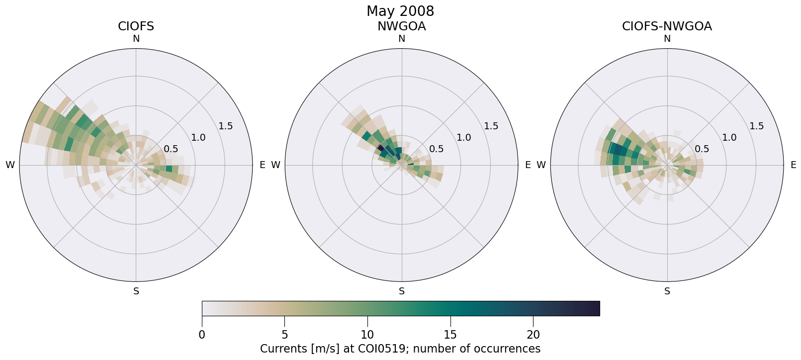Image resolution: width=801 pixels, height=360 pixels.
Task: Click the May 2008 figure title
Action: (400, 11)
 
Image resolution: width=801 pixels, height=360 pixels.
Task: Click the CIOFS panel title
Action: (136, 26)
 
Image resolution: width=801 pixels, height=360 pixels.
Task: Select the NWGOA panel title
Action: (401, 26)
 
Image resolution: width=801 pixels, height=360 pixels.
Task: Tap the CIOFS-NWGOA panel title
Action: (667, 26)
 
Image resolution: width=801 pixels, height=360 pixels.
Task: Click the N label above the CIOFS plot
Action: (136, 39)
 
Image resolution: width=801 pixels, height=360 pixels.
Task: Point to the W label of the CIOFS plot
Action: (10, 165)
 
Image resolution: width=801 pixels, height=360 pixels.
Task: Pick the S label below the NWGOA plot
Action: (402, 291)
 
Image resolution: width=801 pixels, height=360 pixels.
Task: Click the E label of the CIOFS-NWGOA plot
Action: (793, 165)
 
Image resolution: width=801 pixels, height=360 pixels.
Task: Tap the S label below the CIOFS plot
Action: (136, 291)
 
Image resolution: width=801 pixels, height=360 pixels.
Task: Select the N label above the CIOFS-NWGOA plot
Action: (667, 39)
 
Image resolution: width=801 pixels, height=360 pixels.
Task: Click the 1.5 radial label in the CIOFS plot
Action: (225, 126)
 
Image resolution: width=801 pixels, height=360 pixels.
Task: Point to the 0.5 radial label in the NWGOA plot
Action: (437, 149)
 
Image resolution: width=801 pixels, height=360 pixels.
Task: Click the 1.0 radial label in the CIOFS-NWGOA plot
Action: (729, 138)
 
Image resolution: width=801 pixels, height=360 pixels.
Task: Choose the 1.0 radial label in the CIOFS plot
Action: (198, 138)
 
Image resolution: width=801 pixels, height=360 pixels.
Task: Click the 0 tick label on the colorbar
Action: (202, 335)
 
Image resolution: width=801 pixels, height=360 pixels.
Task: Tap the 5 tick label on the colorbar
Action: (284, 335)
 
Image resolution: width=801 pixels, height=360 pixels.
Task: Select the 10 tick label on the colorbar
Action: (367, 335)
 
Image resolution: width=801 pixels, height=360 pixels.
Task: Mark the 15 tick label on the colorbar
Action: (450, 335)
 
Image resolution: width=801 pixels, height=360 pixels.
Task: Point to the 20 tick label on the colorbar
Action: (533, 335)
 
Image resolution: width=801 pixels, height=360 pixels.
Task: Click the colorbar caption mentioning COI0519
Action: (400, 349)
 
